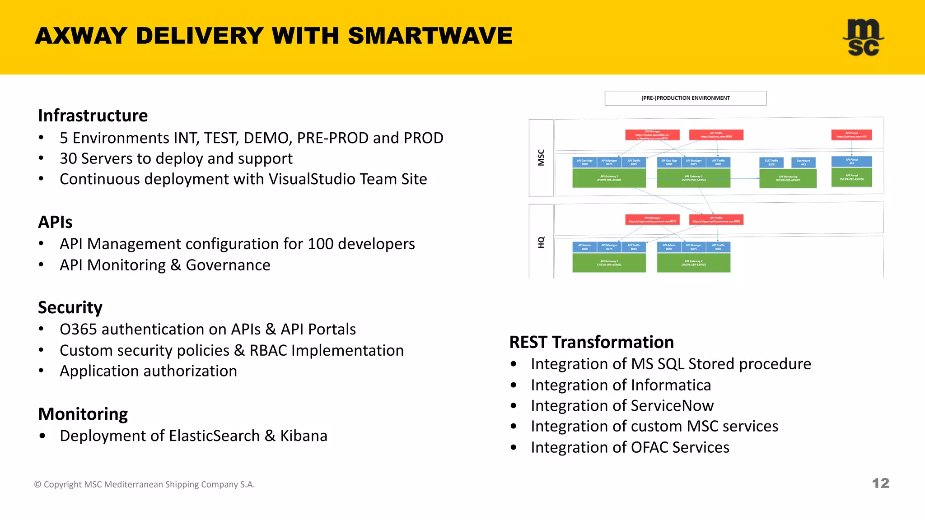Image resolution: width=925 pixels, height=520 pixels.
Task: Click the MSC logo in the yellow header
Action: coord(863,37)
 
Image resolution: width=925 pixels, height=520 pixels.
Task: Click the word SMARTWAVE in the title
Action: coord(430,36)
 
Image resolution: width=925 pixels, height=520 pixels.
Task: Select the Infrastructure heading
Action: coord(93,116)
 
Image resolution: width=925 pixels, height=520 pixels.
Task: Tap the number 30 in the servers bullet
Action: coord(68,158)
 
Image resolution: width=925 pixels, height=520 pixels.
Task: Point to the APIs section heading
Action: coord(55,222)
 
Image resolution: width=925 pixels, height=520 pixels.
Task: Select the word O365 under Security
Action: coord(78,329)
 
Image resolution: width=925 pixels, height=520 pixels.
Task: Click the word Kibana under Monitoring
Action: coord(304,436)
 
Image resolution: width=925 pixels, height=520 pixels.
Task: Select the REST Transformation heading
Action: coord(591,342)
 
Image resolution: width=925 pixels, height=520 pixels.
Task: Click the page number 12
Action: coord(880,483)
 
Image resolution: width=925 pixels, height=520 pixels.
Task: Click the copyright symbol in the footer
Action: coord(37,484)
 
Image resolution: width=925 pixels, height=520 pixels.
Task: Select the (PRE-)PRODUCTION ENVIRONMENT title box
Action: coord(685,98)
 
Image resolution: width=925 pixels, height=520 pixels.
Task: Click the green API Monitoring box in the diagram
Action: coord(788,178)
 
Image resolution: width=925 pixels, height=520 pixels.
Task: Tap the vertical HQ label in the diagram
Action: coord(541,242)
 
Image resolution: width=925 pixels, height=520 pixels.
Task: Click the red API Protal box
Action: coord(851,135)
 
